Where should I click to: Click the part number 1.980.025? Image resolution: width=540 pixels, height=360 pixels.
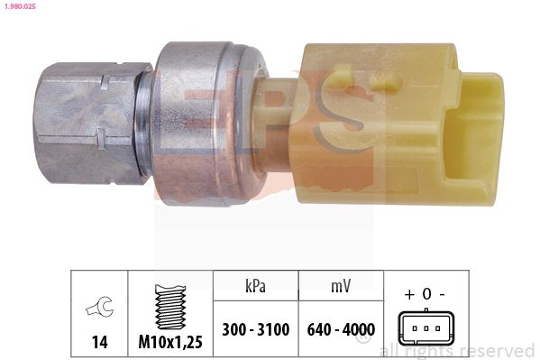[x=20, y=7]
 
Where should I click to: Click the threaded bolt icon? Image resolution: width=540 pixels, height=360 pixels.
[x=171, y=307]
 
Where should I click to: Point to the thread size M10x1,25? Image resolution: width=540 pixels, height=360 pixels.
[x=171, y=342]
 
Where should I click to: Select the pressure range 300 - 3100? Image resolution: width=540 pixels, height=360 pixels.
[x=255, y=329]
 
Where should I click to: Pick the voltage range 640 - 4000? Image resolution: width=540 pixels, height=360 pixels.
[x=341, y=329]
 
